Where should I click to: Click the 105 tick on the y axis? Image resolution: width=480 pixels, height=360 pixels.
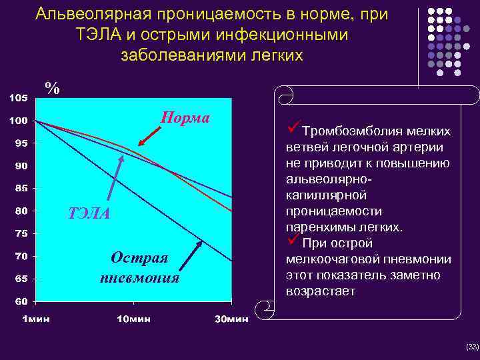(x=18, y=98)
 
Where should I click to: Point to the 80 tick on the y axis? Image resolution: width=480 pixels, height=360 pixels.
(x=21, y=211)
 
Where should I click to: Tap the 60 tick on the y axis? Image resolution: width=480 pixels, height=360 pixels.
(x=21, y=301)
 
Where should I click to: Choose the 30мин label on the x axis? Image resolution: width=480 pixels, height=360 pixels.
(x=231, y=319)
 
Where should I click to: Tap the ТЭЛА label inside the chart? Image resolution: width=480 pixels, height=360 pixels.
(x=89, y=214)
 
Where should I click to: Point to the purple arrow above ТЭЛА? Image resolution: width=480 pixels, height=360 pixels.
(x=117, y=180)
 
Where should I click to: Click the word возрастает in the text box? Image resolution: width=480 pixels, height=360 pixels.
(x=320, y=291)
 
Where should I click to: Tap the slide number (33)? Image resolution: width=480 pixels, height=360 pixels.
(x=472, y=347)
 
